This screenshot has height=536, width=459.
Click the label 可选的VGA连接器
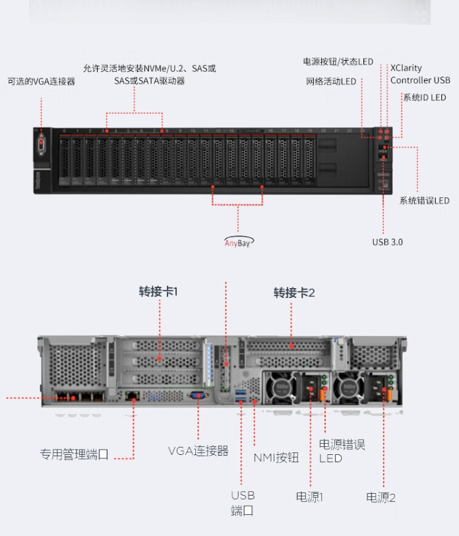(41, 82)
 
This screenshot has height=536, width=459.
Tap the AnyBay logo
(238, 241)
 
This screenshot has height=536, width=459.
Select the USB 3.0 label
(387, 242)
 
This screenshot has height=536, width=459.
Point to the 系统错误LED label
(425, 200)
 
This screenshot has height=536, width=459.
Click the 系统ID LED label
(424, 98)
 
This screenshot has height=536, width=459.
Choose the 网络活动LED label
(331, 82)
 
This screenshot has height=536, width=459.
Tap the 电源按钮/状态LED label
(338, 62)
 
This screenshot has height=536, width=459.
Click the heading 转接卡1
(158, 291)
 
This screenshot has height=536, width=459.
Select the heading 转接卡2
(294, 293)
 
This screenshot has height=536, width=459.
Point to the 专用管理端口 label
(74, 454)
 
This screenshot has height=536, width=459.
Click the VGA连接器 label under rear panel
(198, 451)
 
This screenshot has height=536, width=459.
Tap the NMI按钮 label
(276, 458)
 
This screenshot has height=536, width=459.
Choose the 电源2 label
(381, 498)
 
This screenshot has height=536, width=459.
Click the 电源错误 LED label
(342, 451)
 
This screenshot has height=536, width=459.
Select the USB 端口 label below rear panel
(242, 503)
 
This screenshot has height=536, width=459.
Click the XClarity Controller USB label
(420, 74)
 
